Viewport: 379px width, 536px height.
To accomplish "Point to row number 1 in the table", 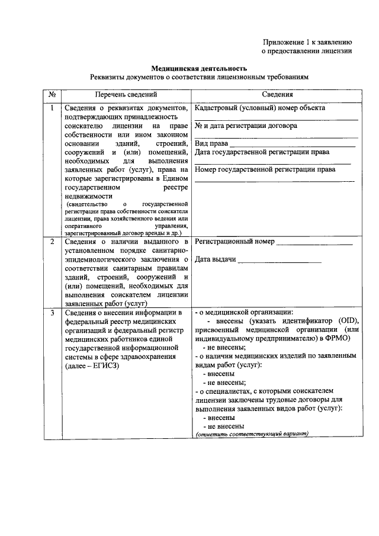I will point(52,108).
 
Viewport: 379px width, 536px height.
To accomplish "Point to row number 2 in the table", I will point(52,242).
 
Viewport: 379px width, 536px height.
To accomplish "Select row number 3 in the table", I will point(52,313).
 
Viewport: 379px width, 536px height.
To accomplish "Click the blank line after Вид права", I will point(293,145).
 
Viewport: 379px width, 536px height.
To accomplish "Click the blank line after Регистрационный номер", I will point(314,243).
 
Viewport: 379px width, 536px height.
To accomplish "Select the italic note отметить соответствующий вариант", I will point(253,434).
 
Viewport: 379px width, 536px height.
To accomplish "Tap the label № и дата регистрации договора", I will point(246,126).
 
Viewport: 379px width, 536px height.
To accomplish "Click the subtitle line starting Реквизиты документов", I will point(199,78).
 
